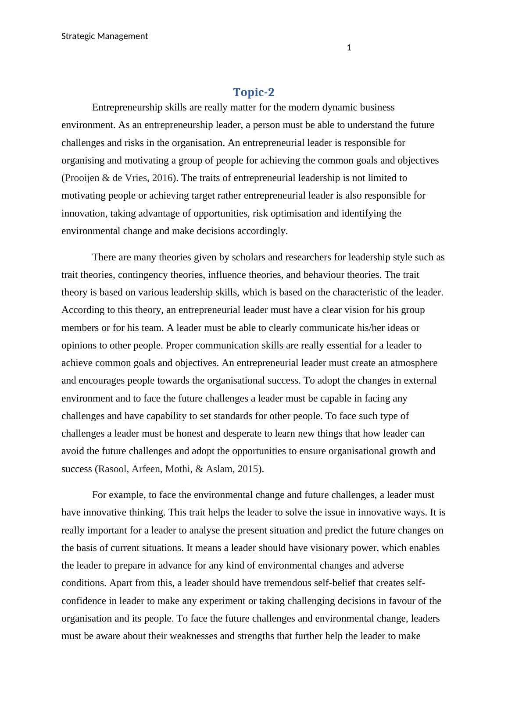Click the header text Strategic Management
pyautogui.click(x=104, y=36)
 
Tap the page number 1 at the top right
pyautogui.click(x=349, y=48)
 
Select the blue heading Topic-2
pyautogui.click(x=254, y=92)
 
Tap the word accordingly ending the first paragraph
pyautogui.click(x=262, y=231)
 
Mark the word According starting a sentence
pyautogui.click(x=83, y=310)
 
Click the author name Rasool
pyautogui.click(x=112, y=469)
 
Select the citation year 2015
pyautogui.click(x=247, y=469)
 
